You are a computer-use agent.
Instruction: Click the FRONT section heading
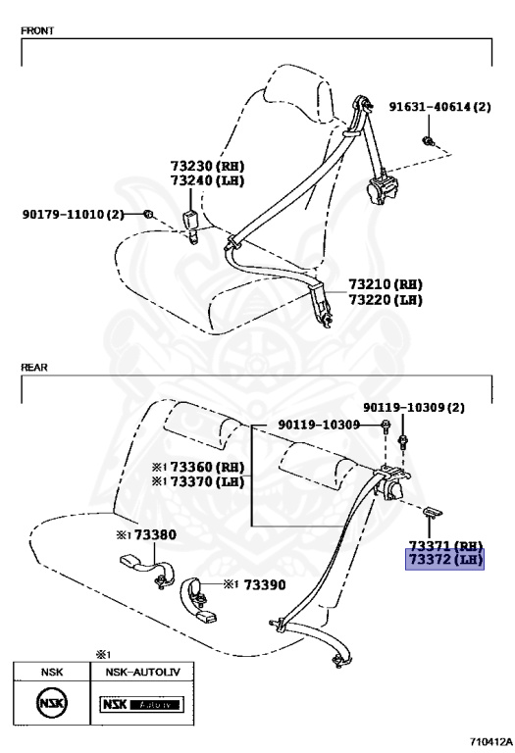(x=37, y=30)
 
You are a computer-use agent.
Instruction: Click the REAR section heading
(x=34, y=368)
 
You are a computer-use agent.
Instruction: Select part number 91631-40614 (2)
(x=440, y=107)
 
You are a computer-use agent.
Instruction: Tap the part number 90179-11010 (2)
(x=73, y=214)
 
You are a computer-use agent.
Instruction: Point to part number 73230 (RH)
(x=208, y=166)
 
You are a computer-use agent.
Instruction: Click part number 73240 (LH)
(x=208, y=181)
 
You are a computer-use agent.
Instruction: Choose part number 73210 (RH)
(x=386, y=284)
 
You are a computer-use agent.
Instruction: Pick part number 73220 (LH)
(x=386, y=300)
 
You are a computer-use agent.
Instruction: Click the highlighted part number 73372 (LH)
(x=444, y=560)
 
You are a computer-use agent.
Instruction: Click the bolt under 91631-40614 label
(x=428, y=141)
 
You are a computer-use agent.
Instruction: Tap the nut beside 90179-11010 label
(x=148, y=214)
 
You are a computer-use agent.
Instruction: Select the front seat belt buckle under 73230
(x=190, y=226)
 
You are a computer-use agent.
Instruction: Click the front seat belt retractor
(x=383, y=188)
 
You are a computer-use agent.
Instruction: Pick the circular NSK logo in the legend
(x=51, y=704)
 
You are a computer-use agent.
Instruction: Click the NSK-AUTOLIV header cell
(x=142, y=672)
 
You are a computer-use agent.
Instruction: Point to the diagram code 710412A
(x=491, y=741)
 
